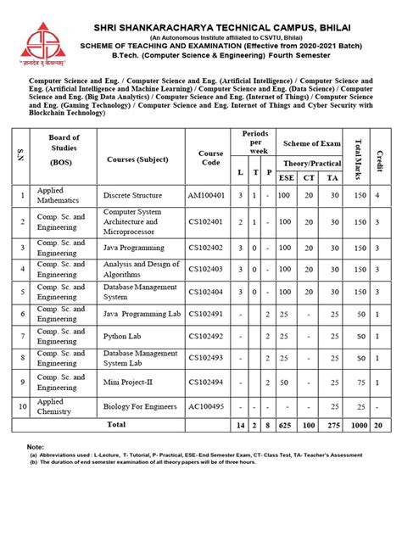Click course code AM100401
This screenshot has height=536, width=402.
[x=211, y=195]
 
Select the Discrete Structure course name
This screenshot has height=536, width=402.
[x=133, y=195]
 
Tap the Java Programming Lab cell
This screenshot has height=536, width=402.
[x=141, y=315]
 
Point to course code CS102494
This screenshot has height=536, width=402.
[x=211, y=382]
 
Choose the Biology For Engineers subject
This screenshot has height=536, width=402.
[x=141, y=406]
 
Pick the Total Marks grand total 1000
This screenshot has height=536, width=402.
[x=360, y=423]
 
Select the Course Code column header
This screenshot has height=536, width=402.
[x=211, y=159]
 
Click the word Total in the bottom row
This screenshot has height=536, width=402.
[x=116, y=423]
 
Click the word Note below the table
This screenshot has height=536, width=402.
[x=35, y=446]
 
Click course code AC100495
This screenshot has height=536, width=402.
[x=211, y=406]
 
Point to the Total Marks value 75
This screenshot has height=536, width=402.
[x=360, y=382]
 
